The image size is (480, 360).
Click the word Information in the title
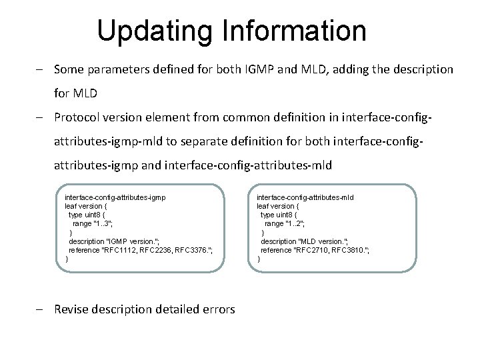293,31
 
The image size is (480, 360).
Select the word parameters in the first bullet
116,69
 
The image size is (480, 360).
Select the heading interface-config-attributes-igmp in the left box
115,197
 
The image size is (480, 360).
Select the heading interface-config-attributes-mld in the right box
305,197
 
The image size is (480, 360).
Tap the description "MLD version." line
305,241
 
